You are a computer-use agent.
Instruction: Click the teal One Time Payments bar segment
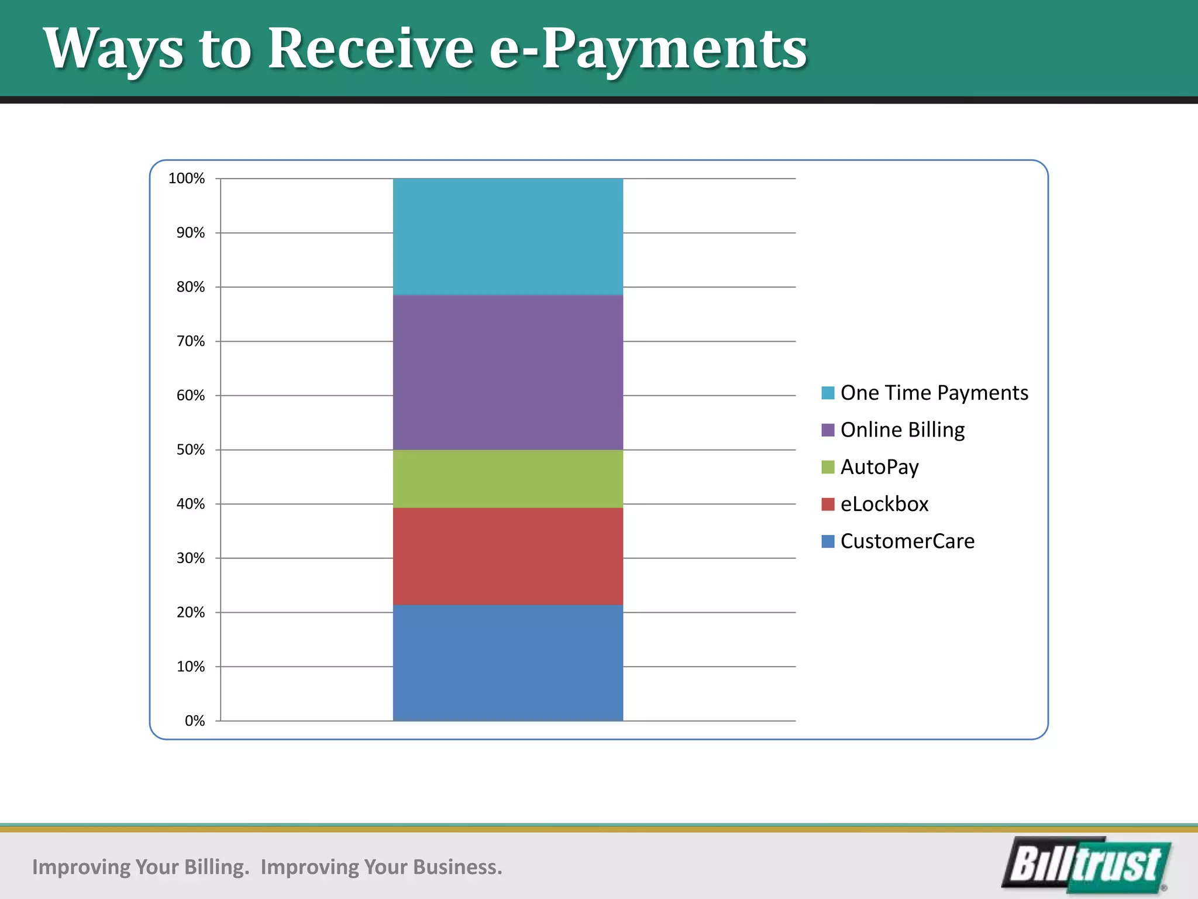pos(508,236)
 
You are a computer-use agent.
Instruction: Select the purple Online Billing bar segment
pos(508,372)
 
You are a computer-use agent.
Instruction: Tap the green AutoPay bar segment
pos(508,479)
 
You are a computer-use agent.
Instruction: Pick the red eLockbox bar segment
pos(508,556)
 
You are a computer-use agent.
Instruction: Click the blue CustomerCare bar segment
pos(508,663)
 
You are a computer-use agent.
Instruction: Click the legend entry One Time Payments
pos(934,393)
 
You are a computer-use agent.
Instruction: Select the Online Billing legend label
pos(902,430)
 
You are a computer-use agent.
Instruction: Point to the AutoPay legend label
pos(879,467)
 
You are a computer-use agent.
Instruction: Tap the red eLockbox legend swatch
pos(828,504)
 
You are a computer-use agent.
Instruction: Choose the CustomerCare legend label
pos(907,541)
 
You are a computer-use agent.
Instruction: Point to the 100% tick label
pos(187,179)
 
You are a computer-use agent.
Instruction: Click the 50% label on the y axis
pos(191,449)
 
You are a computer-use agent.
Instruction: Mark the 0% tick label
pos(195,720)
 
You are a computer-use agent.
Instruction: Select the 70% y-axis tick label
pos(191,341)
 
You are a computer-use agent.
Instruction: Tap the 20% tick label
pos(191,612)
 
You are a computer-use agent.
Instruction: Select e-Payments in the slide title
pos(648,50)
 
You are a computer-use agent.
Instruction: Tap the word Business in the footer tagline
pos(457,867)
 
